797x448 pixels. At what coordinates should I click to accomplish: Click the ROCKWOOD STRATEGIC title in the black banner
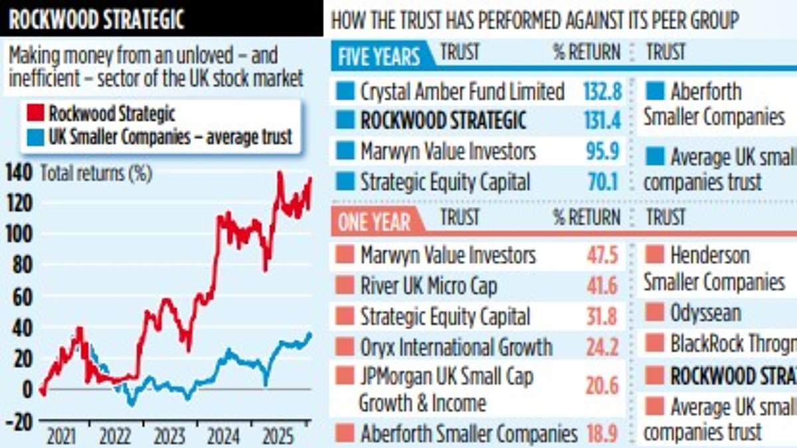96,19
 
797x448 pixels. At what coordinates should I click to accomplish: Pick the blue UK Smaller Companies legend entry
170,137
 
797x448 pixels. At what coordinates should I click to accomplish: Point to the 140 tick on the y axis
19,174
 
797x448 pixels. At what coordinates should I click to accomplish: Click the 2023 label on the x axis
169,437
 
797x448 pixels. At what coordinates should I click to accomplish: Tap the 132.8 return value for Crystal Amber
602,91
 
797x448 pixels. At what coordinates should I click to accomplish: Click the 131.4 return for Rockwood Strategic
602,121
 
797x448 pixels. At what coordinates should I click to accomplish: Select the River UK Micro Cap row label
428,286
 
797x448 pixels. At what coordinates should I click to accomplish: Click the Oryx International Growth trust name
456,347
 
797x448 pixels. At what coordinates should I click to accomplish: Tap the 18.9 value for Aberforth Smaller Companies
602,435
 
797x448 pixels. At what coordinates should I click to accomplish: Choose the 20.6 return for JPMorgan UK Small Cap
602,385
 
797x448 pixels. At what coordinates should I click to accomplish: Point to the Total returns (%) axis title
96,174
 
